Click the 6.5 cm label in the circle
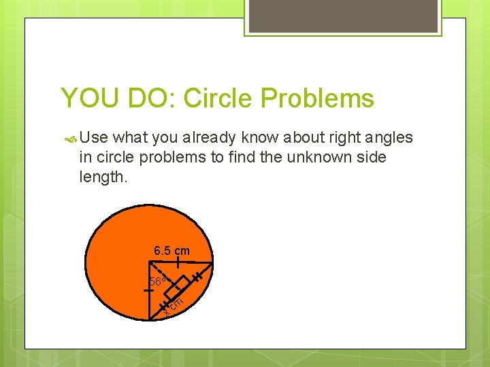171,251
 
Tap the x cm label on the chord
174,304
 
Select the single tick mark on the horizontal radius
177,262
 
